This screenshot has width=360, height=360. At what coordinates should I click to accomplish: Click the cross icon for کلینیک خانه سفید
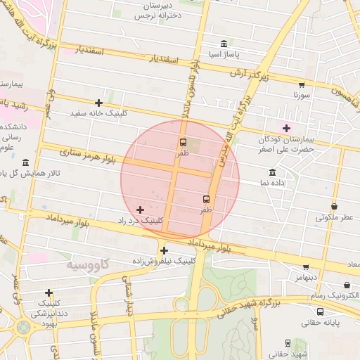tap(98, 103)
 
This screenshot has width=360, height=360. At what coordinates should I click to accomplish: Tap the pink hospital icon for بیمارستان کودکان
tap(286, 127)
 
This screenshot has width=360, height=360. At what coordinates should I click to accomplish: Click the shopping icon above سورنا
tap(302, 83)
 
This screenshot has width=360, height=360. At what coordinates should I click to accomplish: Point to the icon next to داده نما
tap(272, 172)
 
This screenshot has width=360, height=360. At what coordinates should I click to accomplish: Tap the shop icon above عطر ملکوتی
tap(333, 207)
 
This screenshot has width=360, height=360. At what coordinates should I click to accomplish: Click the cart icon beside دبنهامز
tap(306, 266)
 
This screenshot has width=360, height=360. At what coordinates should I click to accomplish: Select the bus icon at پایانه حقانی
tap(321, 311)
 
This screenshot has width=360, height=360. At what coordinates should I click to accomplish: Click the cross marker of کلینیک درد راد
tap(140, 210)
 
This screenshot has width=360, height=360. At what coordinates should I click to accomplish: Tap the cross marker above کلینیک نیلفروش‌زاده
tap(164, 250)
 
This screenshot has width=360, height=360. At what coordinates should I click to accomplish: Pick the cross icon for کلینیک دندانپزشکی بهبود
tap(49, 292)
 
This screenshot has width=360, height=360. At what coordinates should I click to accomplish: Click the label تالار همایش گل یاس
tap(30, 172)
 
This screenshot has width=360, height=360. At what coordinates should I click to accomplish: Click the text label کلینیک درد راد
tap(141, 220)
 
